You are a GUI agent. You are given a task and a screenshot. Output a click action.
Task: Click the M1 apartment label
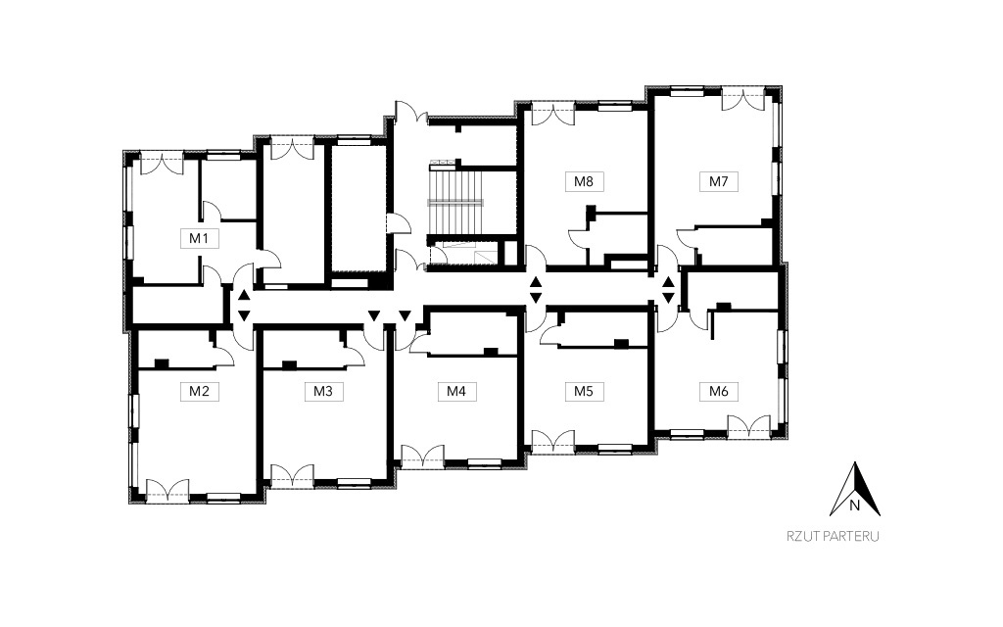coord(199,239)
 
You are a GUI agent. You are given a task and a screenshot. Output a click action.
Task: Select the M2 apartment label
coord(199,391)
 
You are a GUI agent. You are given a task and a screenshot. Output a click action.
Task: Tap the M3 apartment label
coord(323,391)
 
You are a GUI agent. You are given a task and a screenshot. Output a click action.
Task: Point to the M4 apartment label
coord(456,391)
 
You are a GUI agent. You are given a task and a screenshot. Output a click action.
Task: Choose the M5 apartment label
coord(584,391)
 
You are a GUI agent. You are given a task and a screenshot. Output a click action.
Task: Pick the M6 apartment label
coord(718,391)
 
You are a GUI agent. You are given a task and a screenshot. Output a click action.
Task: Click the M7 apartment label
coord(718,181)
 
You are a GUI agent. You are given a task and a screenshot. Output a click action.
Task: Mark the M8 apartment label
coord(584,181)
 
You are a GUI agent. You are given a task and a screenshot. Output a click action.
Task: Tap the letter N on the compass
coord(854,506)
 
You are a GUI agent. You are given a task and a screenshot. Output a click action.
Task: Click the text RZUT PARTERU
coord(833,536)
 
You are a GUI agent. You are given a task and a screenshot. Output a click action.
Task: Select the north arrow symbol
coord(854,489)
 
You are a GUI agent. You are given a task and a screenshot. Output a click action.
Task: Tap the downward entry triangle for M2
coord(244,315)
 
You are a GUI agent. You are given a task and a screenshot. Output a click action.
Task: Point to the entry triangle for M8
coord(536,282)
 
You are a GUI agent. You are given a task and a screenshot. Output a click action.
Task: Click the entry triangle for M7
coord(668,282)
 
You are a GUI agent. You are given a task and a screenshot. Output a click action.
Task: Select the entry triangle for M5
coord(536,298)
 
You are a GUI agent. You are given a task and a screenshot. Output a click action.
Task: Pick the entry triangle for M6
coord(668,298)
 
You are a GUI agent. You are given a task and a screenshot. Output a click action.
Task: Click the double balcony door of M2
coord(167,490)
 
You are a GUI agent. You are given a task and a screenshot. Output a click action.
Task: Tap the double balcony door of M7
coord(743,99)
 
